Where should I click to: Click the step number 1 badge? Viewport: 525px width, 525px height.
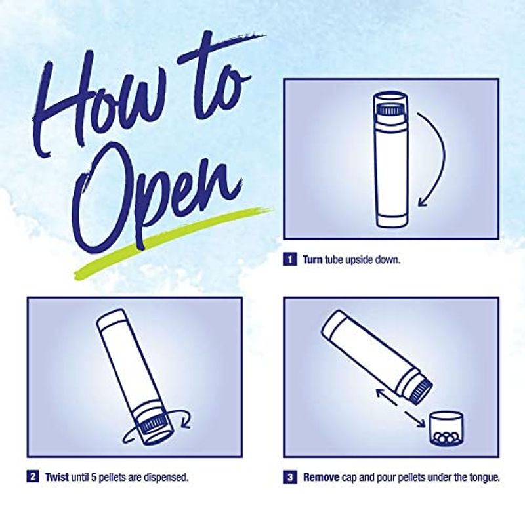click(x=290, y=259)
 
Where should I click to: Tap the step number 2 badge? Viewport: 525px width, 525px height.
click(x=32, y=477)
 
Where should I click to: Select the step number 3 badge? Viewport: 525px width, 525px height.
click(x=290, y=477)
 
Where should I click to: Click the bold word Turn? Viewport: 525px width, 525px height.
click(x=313, y=259)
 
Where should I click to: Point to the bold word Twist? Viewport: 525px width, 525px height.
click(x=57, y=477)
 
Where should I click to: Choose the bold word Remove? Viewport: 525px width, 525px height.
click(x=321, y=477)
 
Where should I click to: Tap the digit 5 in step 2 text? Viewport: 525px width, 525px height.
click(x=94, y=477)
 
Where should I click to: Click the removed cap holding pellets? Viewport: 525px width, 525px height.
click(x=446, y=429)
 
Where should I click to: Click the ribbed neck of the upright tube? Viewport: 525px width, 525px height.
click(x=390, y=110)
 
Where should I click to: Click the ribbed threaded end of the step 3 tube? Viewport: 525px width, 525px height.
click(x=419, y=390)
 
